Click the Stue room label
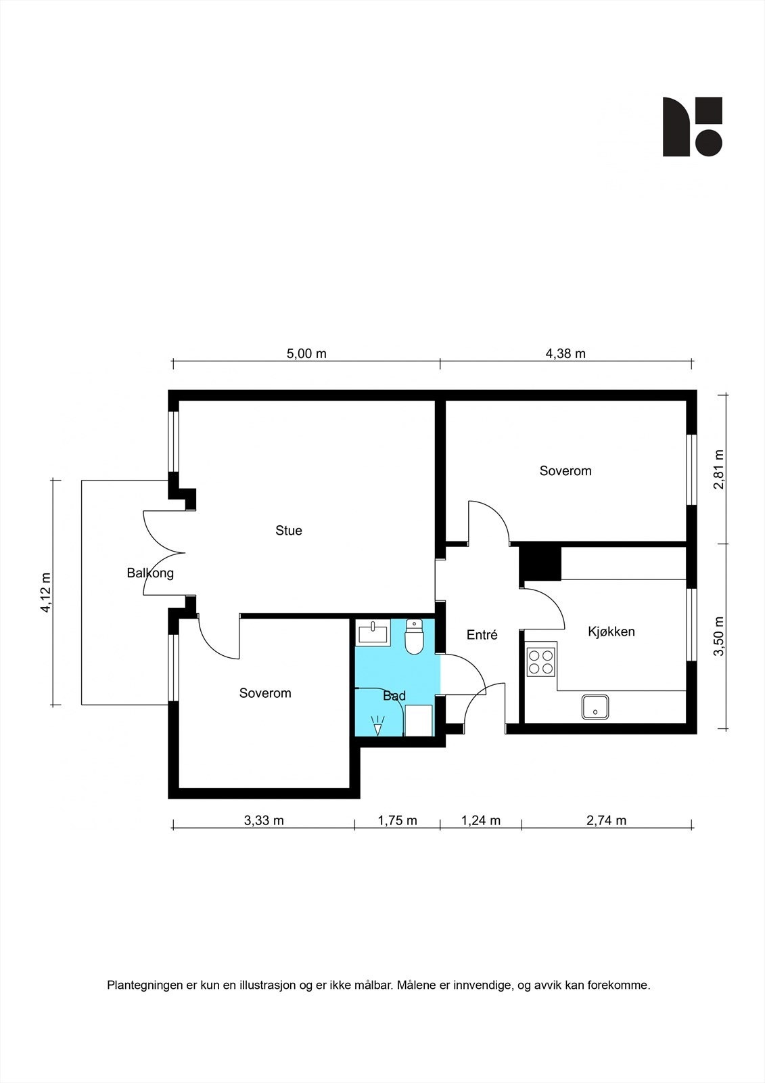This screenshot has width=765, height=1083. [289, 531]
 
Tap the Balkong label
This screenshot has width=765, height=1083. [149, 573]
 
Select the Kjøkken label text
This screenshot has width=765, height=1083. [611, 632]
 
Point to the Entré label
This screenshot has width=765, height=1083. [482, 635]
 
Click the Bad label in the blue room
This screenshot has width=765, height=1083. [394, 696]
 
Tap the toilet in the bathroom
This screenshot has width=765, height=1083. [414, 636]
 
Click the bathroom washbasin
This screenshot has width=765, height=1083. [373, 632]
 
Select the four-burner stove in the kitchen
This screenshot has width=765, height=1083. [540, 662]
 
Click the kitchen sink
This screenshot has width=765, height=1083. [595, 707]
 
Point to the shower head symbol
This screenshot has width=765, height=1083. [377, 726]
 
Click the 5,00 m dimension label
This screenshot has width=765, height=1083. [306, 353]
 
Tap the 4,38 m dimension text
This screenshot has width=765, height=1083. [565, 353]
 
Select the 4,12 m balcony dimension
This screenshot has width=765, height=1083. [46, 592]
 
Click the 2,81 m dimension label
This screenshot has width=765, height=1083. [720, 470]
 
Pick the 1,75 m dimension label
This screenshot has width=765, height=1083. [397, 820]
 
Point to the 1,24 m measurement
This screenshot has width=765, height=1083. [481, 820]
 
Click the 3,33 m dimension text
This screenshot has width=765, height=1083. [264, 820]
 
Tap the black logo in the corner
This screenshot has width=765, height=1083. [692, 127]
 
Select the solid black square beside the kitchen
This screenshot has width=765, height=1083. [540, 563]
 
